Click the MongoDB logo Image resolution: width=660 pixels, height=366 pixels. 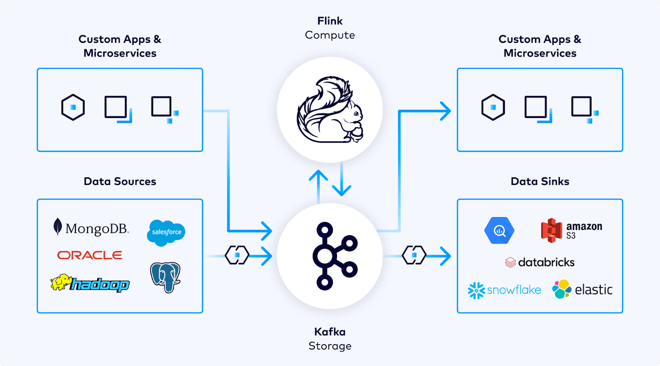click(x=92, y=228)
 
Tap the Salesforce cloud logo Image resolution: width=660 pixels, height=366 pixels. click(x=166, y=232)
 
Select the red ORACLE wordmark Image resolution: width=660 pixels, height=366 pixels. click(x=90, y=255)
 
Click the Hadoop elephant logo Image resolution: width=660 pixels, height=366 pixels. click(x=90, y=283)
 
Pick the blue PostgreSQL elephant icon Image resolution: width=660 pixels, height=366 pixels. click(x=165, y=277)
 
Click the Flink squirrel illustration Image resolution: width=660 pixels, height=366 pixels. click(x=330, y=110)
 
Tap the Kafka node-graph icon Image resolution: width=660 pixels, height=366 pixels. click(x=334, y=256)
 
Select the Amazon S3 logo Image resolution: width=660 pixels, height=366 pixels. click(x=571, y=230)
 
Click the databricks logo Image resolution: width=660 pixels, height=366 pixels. click(x=540, y=262)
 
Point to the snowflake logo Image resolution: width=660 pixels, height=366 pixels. click(x=504, y=290)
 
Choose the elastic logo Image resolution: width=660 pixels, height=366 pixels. click(x=582, y=290)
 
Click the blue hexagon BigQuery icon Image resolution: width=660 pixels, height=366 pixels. click(x=499, y=230)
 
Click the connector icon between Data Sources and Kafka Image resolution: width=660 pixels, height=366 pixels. click(x=237, y=255)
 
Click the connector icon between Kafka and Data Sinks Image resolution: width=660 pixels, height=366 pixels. click(x=414, y=255)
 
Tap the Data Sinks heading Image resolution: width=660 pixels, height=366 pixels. click(x=540, y=182)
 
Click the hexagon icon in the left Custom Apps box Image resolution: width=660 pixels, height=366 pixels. click(x=73, y=107)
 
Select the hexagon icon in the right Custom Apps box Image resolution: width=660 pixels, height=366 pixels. click(x=493, y=107)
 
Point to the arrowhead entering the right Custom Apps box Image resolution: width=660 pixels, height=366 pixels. click(x=445, y=111)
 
